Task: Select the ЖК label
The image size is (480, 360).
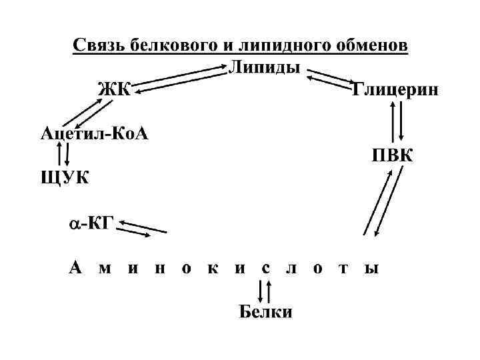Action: tap(115, 89)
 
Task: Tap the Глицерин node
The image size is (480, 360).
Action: tap(395, 91)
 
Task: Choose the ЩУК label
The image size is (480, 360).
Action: tap(64, 178)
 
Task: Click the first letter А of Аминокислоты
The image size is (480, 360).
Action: tap(76, 269)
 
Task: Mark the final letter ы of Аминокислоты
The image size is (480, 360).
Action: tap(371, 269)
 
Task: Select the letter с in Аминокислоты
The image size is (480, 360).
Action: tap(265, 269)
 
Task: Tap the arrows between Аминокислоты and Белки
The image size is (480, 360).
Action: tap(264, 291)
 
